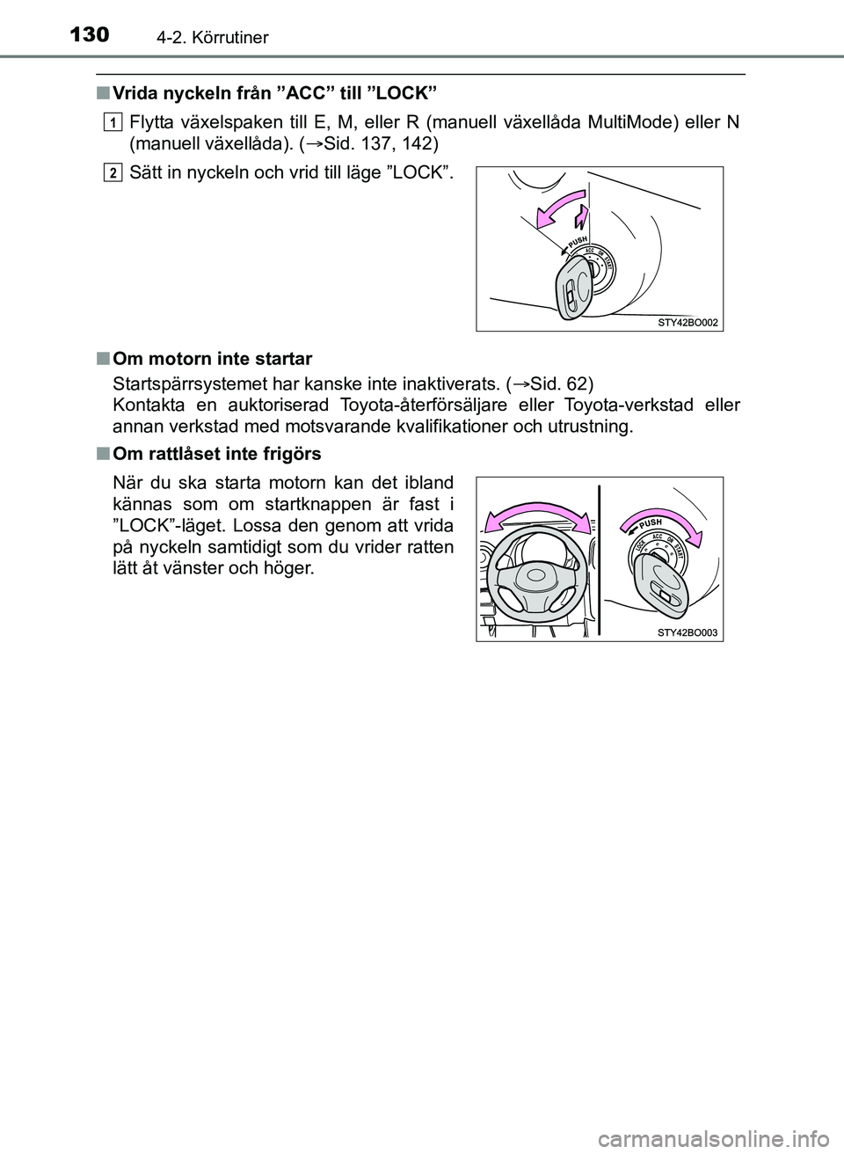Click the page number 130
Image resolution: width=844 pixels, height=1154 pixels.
(86, 35)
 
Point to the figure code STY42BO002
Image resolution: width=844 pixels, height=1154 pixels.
(688, 322)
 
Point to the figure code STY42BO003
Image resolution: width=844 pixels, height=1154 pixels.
(688, 632)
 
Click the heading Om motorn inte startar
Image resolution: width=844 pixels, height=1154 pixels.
(213, 359)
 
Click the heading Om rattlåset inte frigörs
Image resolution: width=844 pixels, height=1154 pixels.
(217, 454)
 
